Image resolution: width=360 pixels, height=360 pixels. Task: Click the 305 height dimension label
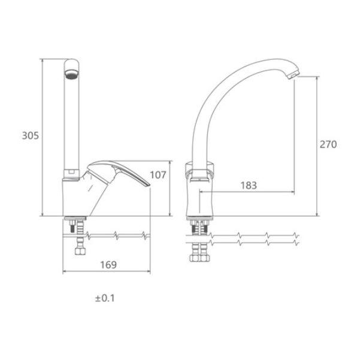[31, 135]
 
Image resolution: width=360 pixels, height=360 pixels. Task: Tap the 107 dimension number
[158, 175]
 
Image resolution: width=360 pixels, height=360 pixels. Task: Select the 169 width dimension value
[108, 265]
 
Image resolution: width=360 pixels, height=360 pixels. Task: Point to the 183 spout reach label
[249, 185]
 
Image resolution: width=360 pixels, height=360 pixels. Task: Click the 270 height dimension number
[328, 144]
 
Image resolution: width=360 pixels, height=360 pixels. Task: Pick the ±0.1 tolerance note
[105, 298]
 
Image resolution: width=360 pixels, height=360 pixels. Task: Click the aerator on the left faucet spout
[72, 74]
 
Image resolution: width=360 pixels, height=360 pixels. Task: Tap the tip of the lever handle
[149, 185]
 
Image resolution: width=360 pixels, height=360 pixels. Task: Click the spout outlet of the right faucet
[293, 75]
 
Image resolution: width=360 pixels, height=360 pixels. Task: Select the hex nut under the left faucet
[80, 251]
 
